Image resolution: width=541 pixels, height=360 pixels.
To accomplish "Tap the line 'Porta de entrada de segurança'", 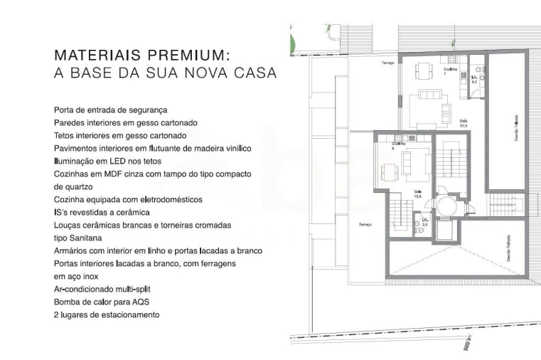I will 110,110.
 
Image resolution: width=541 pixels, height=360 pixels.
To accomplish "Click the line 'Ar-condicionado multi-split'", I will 102,289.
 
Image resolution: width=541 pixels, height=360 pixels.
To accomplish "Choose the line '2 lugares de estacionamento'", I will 106,314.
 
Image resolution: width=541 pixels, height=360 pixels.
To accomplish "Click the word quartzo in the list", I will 69,186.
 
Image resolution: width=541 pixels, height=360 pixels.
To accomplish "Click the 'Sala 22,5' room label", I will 464,123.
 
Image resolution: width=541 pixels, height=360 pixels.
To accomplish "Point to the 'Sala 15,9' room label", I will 417,194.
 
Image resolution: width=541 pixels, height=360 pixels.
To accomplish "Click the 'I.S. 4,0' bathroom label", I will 474,80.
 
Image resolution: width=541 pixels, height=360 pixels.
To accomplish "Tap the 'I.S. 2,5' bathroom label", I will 425,222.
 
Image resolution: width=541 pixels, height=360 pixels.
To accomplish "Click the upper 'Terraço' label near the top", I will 387,63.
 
